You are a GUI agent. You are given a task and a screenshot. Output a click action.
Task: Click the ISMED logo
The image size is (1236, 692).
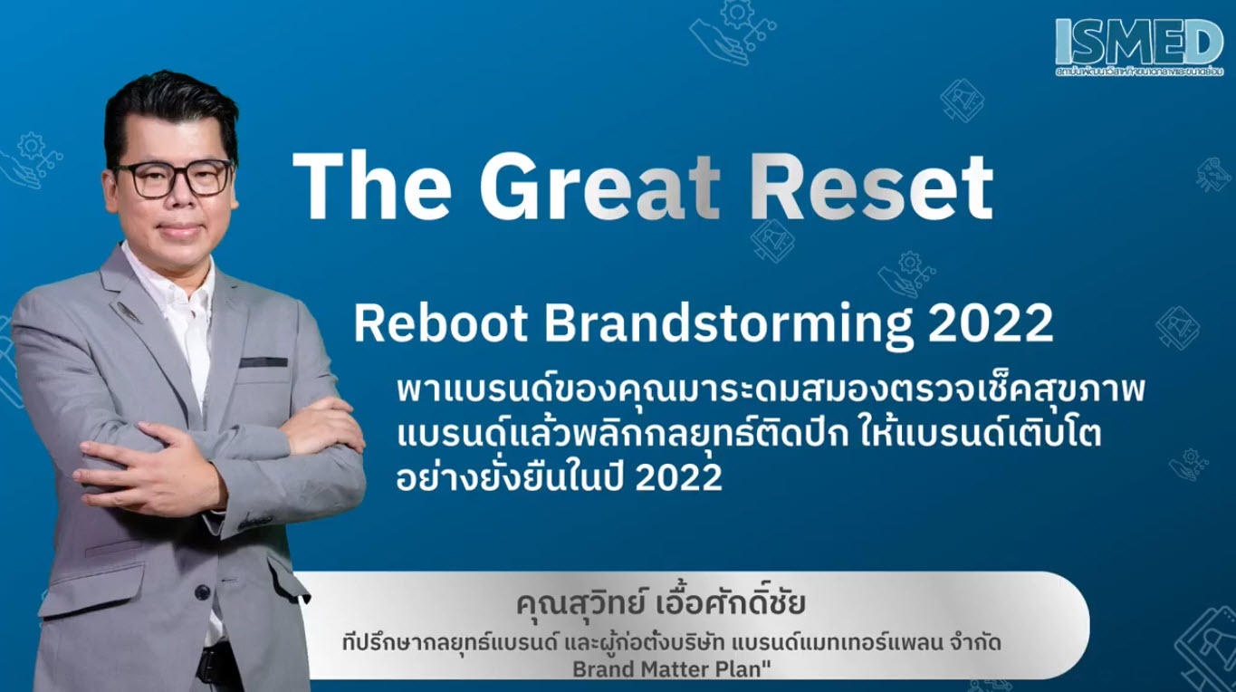tap(1138, 43)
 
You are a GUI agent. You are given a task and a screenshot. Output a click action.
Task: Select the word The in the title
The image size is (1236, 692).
tap(371, 188)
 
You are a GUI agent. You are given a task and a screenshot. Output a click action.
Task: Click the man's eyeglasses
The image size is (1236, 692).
tap(173, 178)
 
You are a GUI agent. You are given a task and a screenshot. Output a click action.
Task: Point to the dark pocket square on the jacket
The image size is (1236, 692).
tap(263, 361)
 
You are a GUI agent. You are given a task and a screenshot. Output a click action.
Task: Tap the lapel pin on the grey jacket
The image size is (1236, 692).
tap(128, 312)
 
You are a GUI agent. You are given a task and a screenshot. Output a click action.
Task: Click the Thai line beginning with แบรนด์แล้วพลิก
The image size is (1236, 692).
tap(749, 436)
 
